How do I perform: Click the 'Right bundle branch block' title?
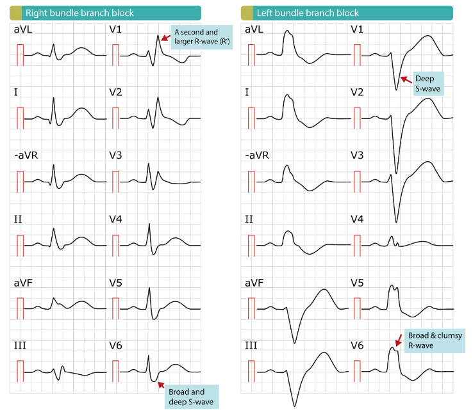point(79,13)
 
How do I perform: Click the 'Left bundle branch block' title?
point(308,13)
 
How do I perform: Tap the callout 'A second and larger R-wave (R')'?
point(202,36)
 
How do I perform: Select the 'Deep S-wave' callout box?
point(428,83)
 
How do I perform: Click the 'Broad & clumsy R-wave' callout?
point(435,340)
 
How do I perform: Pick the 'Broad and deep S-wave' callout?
point(191,397)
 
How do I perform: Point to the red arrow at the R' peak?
point(165,38)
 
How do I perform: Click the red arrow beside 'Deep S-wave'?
point(406,79)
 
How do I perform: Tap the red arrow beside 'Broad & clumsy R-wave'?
point(399,340)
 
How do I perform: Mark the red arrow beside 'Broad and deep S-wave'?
point(161,384)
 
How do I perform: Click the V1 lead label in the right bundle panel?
point(115,29)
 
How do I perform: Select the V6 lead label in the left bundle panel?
point(357,345)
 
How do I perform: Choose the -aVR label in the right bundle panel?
point(26,155)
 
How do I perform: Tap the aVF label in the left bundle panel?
point(254,283)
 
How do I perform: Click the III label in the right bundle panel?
point(20,345)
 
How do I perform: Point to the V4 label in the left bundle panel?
point(357,219)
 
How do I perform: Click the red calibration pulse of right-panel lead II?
point(21,246)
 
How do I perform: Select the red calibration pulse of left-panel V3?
point(357,182)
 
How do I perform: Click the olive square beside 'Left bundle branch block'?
point(247,13)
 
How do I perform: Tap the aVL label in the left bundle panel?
point(254,29)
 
